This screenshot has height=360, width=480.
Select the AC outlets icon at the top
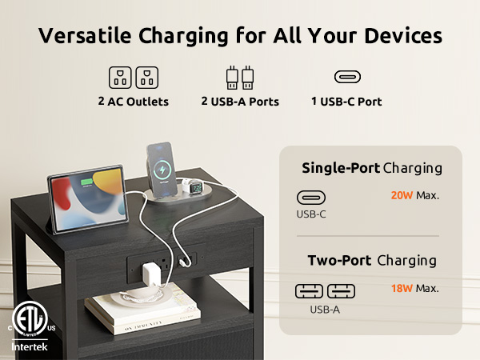pos(132,78)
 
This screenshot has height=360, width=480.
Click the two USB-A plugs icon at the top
pos(240,78)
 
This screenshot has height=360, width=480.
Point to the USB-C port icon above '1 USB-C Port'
pos(346,77)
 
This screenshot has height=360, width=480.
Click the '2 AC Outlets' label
pos(132,102)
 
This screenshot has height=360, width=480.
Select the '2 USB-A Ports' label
pos(240,102)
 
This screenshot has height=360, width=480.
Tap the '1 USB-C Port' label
pos(346,102)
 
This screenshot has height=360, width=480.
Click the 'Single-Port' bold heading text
pos(340,168)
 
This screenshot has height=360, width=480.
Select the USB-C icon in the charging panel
pos(311,197)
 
